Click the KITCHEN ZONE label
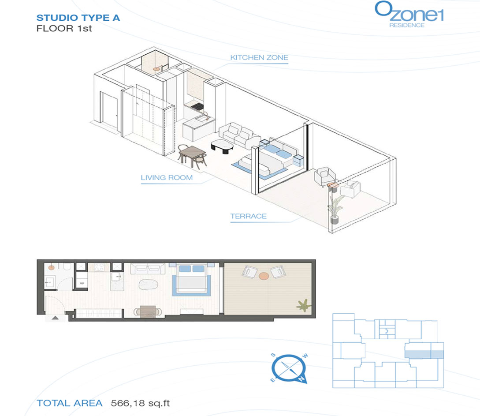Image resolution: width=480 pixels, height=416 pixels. [259, 58]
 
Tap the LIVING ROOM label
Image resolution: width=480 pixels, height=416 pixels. [167, 178]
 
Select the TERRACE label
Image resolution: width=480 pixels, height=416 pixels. [248, 216]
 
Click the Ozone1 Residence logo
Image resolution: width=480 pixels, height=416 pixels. [409, 15]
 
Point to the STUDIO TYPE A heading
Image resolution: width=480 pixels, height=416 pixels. [78, 18]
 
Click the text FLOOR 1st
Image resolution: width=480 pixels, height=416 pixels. [64, 29]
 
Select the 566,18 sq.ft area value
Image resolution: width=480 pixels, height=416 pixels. [140, 403]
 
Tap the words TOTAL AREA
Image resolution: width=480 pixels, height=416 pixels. [70, 403]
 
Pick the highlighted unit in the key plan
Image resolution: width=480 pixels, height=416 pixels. [424, 354]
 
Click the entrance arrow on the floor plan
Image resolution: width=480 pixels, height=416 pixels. [55, 318]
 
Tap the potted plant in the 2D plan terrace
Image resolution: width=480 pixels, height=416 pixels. [304, 305]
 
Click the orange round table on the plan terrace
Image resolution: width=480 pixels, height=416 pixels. [264, 276]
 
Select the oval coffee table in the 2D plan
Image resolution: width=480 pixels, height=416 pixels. [148, 285]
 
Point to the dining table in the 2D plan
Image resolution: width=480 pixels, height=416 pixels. [148, 311]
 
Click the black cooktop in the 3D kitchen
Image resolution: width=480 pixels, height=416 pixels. [197, 107]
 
